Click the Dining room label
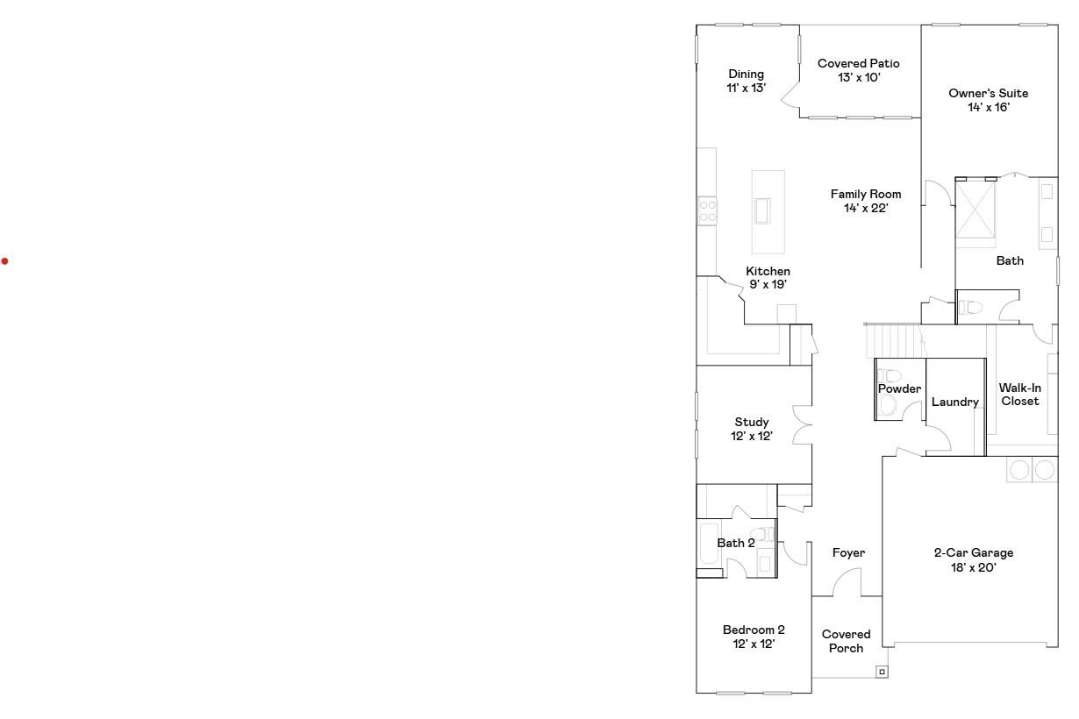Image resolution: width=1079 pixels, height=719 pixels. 746,75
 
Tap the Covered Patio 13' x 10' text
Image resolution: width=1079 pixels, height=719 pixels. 859,70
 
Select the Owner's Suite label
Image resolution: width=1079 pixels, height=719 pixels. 989,94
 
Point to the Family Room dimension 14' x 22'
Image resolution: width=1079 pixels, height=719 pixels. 866,208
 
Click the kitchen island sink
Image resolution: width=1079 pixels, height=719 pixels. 762,211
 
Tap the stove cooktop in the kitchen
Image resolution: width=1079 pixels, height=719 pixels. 707,210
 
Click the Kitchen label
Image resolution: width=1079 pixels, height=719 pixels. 768,271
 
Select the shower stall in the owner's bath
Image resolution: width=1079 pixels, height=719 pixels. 975,210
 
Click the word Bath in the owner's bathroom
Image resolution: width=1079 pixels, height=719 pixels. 1010,260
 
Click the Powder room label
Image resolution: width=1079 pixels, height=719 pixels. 899,388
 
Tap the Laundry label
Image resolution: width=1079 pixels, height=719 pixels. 955,402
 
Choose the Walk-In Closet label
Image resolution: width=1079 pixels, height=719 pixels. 1020,395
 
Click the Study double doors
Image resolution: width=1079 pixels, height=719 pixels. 803,424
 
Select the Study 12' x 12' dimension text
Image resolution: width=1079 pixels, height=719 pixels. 752,436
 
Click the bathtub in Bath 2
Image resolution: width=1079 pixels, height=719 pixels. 709,544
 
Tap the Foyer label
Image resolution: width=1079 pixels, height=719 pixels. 849,553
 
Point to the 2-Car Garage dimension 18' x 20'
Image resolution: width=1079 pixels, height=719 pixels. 974,567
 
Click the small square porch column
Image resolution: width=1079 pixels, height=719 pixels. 882,672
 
